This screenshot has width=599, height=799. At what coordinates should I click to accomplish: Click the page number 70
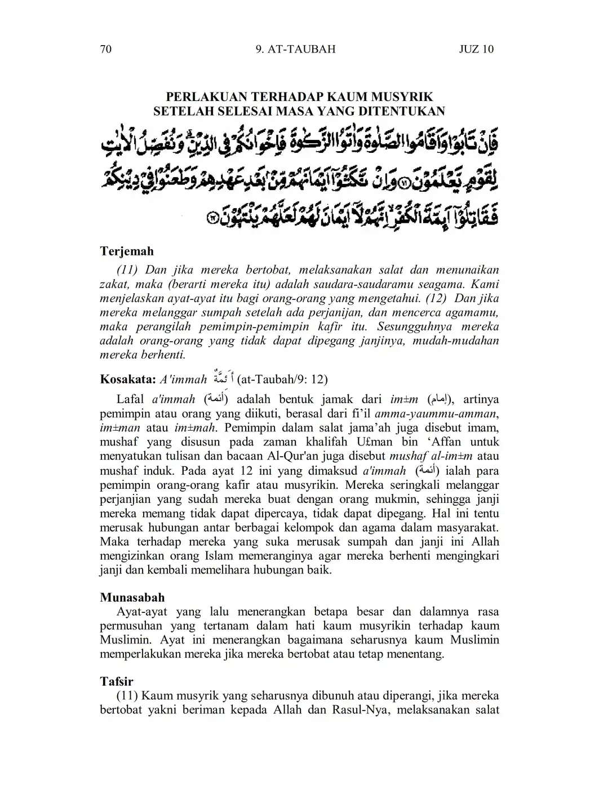pos(105,49)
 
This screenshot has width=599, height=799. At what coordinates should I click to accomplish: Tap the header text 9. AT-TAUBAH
pos(295,49)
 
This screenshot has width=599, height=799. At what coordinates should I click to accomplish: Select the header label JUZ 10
pos(476,49)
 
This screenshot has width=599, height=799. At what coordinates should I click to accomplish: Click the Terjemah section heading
pos(127,251)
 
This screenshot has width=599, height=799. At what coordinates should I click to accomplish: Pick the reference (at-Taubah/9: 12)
pos(283,379)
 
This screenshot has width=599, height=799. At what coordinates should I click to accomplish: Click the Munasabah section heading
pos(132,597)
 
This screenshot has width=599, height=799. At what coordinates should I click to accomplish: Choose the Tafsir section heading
pos(117,682)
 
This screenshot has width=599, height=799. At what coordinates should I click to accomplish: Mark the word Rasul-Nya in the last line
pos(366,710)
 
